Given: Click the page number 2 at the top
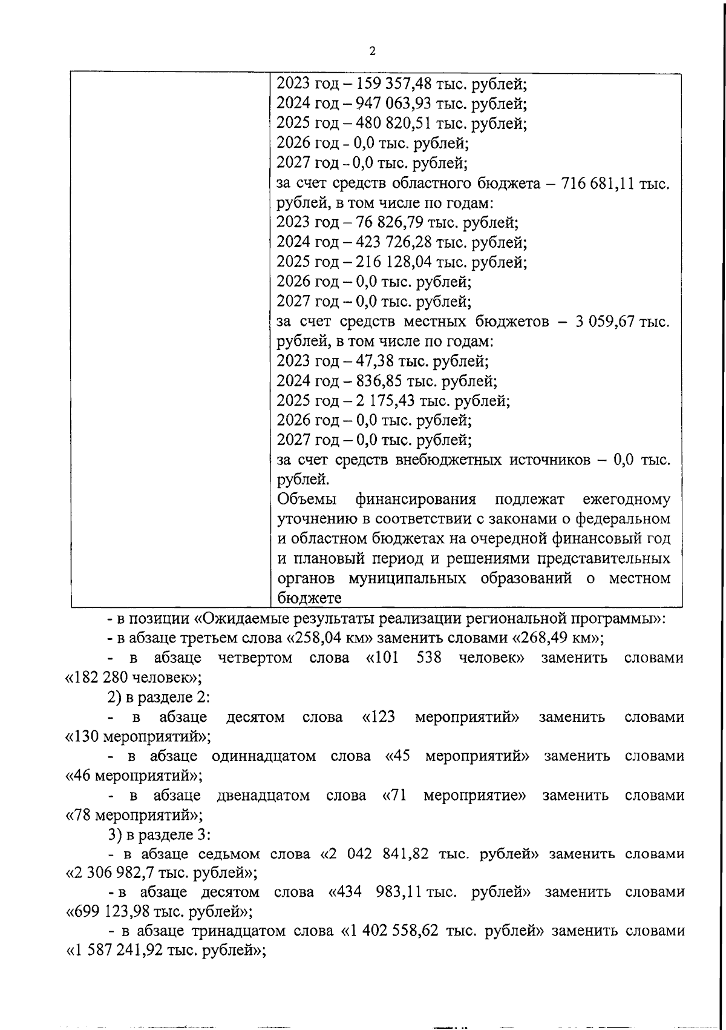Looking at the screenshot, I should (372, 51).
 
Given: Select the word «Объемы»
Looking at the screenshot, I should (307, 500).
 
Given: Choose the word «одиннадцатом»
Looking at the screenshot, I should (264, 756).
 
